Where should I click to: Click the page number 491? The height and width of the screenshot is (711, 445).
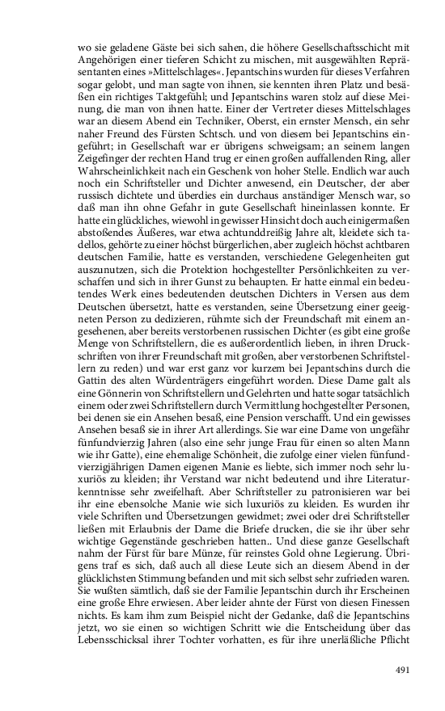click(404, 669)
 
